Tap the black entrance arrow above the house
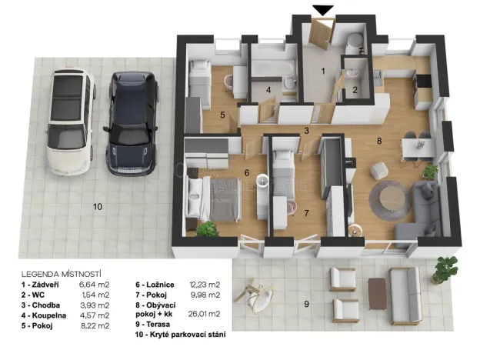click(x=323, y=10)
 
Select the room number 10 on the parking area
click(x=97, y=206)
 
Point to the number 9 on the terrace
click(x=306, y=305)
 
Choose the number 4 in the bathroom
click(x=268, y=90)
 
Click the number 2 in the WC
click(x=355, y=90)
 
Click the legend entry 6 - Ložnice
click(x=159, y=284)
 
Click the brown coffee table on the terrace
click(x=377, y=292)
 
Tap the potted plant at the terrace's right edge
click(x=443, y=268)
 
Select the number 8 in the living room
click(x=378, y=141)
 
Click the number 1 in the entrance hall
click(x=323, y=72)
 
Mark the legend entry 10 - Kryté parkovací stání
click(x=180, y=335)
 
